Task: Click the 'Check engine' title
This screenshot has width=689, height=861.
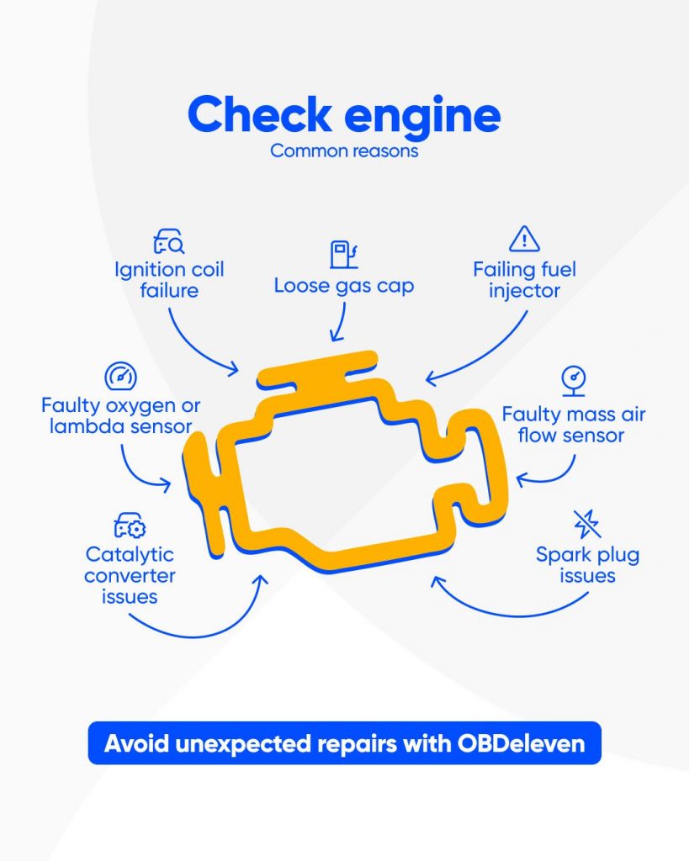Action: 344,115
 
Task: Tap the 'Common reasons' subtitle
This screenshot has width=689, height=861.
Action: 344,152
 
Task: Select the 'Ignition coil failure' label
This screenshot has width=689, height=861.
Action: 169,281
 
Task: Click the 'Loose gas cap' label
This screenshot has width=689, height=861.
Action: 344,286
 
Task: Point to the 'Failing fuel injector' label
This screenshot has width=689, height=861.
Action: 524,281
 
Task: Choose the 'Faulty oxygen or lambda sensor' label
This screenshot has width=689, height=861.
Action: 121,416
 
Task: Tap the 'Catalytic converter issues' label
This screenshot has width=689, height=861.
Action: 130,576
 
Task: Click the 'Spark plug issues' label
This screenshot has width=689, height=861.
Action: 587,565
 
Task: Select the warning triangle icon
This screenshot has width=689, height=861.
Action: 524,239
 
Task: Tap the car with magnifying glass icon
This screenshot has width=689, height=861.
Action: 168,242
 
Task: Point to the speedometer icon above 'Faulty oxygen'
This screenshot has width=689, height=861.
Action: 120,377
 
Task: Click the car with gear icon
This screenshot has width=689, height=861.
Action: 130,527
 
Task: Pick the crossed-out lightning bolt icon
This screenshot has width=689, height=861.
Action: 587,524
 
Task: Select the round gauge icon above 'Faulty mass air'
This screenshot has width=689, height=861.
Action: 574,380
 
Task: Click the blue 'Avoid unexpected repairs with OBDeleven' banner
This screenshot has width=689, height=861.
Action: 344,743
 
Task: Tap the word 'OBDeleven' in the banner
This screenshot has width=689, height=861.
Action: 532,743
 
